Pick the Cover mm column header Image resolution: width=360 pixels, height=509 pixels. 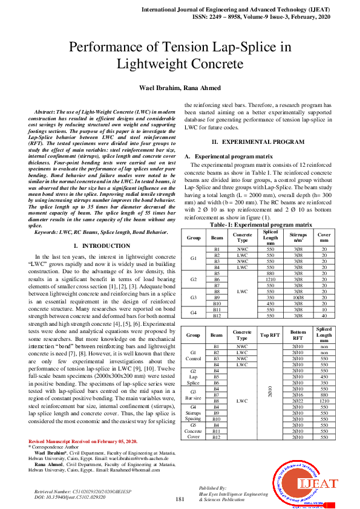[324, 236]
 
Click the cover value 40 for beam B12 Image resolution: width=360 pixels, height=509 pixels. [324, 315]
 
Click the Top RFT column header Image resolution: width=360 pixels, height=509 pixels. [269, 334]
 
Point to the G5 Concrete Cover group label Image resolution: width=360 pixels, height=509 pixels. [194, 430]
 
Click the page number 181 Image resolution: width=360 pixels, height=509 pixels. [180, 499]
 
